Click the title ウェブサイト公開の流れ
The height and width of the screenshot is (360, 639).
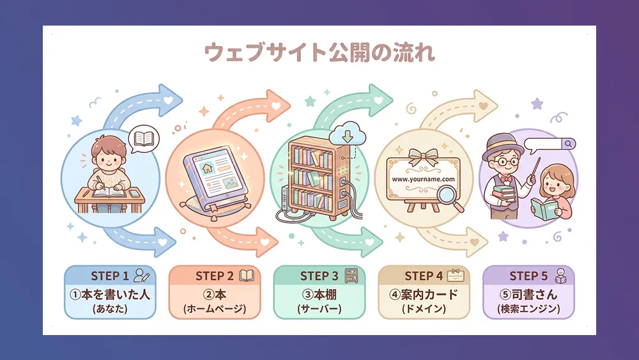click(x=319, y=52)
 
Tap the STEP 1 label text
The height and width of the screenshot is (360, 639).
click(x=110, y=276)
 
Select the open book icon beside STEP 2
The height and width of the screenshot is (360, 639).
click(x=247, y=276)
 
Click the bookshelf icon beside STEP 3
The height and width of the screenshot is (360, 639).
click(x=351, y=276)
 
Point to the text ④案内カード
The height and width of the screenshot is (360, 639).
click(x=424, y=295)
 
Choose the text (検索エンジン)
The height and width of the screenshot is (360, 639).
click(x=528, y=309)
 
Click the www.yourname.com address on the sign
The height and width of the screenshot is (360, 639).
click(x=423, y=179)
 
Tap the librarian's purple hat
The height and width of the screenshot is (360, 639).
click(x=500, y=145)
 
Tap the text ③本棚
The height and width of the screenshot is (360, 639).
click(x=319, y=295)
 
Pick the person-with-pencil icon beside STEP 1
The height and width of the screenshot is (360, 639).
click(x=142, y=276)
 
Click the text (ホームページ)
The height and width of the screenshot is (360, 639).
click(x=214, y=309)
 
